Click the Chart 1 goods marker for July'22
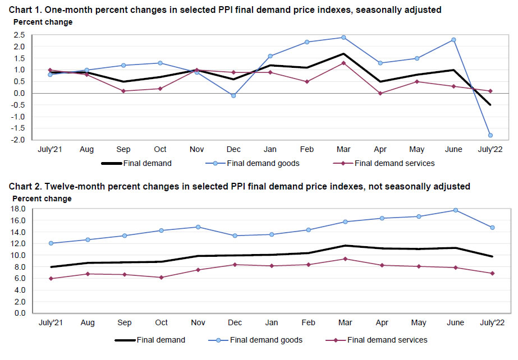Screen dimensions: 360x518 [x=491, y=135]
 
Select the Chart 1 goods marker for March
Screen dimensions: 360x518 [x=343, y=38]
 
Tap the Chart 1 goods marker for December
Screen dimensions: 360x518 [x=233, y=95]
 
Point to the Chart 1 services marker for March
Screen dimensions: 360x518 [x=343, y=63]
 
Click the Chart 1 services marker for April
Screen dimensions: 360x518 [x=381, y=93]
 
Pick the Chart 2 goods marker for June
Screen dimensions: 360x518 [x=456, y=210]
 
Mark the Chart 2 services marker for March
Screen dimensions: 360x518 [x=344, y=259]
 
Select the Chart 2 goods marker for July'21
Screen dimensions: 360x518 [x=51, y=243]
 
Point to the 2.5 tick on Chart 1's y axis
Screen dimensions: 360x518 [x=21, y=35]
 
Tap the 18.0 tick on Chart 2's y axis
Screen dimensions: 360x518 [x=19, y=209]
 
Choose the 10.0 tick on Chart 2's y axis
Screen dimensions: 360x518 [x=19, y=255]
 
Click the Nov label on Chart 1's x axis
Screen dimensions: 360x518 [x=197, y=150]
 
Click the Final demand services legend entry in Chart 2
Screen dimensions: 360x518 [x=387, y=340]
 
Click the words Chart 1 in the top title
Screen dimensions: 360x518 [x=22, y=10]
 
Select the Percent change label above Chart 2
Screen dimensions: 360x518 [x=42, y=199]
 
